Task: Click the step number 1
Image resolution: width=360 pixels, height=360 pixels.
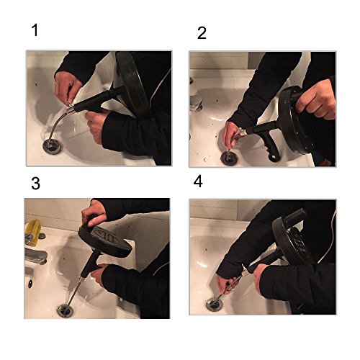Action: pos(35,30)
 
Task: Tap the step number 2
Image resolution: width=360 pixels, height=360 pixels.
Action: pos(202,33)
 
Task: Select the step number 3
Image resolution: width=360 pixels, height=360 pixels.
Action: pos(35,184)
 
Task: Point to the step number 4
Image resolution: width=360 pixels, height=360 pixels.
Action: pos(198,181)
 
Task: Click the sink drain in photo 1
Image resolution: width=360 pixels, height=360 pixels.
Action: pos(53,146)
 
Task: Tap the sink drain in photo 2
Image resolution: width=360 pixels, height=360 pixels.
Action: pos(229,158)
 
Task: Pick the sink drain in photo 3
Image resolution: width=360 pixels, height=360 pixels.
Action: pos(65,310)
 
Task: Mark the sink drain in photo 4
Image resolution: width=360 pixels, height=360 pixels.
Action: pos(215,305)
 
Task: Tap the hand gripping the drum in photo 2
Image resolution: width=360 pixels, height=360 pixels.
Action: pos(315,99)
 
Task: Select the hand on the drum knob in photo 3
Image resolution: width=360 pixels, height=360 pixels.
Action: pos(94,213)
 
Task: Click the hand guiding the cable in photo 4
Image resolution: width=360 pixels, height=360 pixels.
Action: pos(225,284)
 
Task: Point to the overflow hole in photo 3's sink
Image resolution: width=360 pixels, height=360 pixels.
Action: pos(30,284)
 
